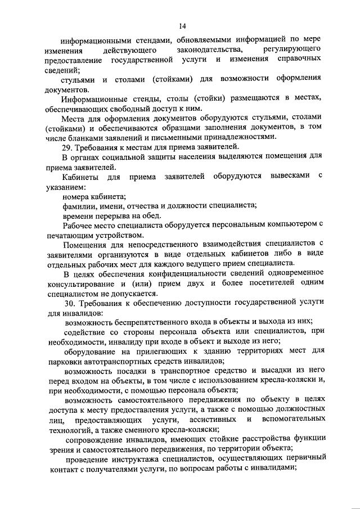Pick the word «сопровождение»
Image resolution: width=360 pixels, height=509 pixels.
point(96,439)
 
